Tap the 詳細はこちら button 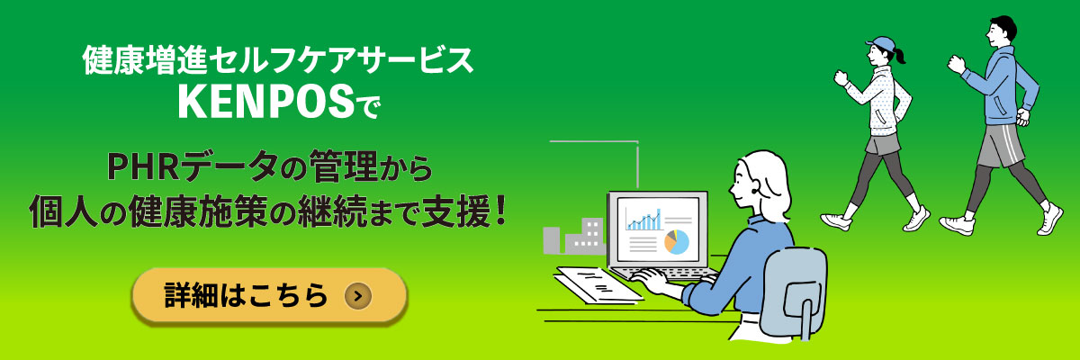pyautogui.click(x=269, y=294)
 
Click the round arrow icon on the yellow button pyautogui.click(x=357, y=294)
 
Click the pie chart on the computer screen pyautogui.click(x=676, y=240)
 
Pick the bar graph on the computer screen pyautogui.click(x=644, y=220)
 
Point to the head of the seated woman pyautogui.click(x=756, y=176)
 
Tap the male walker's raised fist pyautogui.click(x=956, y=63)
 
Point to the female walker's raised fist pyautogui.click(x=841, y=76)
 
